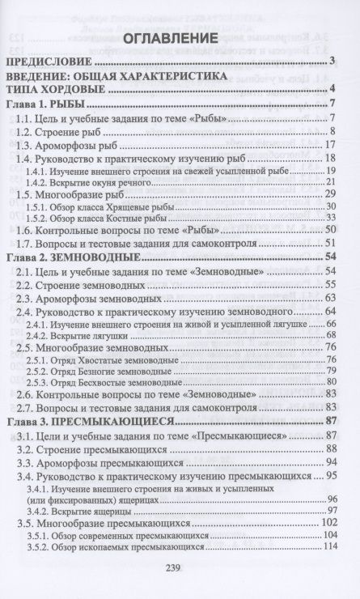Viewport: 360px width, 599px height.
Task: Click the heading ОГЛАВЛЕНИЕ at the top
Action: point(180,39)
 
